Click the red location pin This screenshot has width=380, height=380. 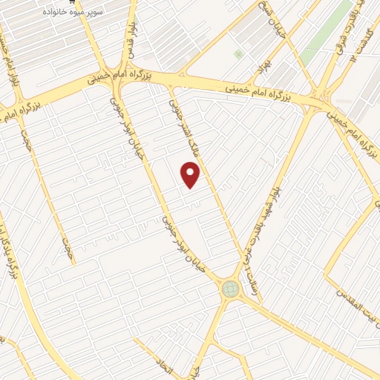tap(191, 175)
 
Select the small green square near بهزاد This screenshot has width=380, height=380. tap(238, 54)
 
